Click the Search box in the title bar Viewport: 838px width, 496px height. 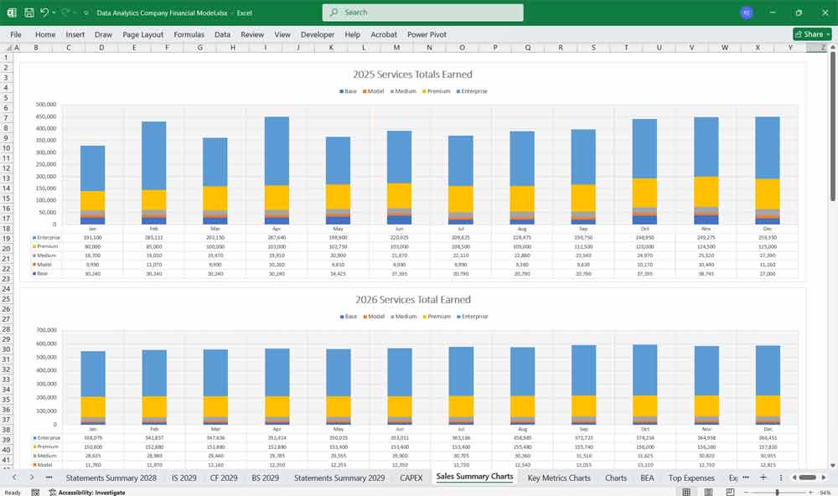(422, 13)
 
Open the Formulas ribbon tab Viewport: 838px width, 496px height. (189, 34)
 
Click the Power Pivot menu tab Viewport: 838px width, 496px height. (427, 34)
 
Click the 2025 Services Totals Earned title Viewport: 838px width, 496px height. (413, 75)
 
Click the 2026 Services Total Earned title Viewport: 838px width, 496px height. (413, 299)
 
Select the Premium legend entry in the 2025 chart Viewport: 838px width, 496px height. (437, 91)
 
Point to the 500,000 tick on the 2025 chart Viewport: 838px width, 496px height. (46, 105)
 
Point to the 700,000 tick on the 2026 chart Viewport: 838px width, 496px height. (46, 330)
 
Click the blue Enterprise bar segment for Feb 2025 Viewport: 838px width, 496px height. (153, 155)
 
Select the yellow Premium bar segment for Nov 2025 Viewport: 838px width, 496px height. (706, 191)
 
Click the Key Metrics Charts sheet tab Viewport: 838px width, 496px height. (559, 478)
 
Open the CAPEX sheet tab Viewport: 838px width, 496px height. (411, 478)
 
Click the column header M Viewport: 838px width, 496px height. (396, 48)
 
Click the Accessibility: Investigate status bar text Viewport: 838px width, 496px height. (91, 492)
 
